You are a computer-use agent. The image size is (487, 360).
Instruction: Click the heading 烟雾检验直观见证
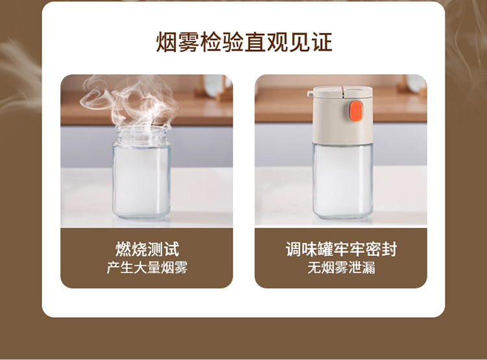pyautogui.click(x=243, y=42)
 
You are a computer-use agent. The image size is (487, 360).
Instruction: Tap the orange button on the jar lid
pyautogui.click(x=355, y=110)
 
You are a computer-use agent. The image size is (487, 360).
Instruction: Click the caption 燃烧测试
pyautogui.click(x=147, y=249)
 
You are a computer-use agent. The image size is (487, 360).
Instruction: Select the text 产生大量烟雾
pyautogui.click(x=147, y=268)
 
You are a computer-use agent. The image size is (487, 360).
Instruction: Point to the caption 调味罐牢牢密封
pyautogui.click(x=341, y=249)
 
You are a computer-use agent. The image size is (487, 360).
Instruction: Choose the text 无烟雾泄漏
pyautogui.click(x=341, y=268)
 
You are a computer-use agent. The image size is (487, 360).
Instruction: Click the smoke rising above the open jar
pyautogui.click(x=131, y=101)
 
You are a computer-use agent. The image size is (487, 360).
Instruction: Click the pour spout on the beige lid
pyautogui.click(x=310, y=94)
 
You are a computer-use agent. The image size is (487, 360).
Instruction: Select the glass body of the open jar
pyautogui.click(x=142, y=180)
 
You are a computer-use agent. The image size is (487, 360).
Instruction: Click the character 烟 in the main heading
pyautogui.click(x=166, y=42)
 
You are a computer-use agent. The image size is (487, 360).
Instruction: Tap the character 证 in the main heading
pyautogui.click(x=322, y=42)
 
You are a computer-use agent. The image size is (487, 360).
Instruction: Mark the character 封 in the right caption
pyautogui.click(x=389, y=249)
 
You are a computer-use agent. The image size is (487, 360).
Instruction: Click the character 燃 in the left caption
pyautogui.click(x=123, y=249)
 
